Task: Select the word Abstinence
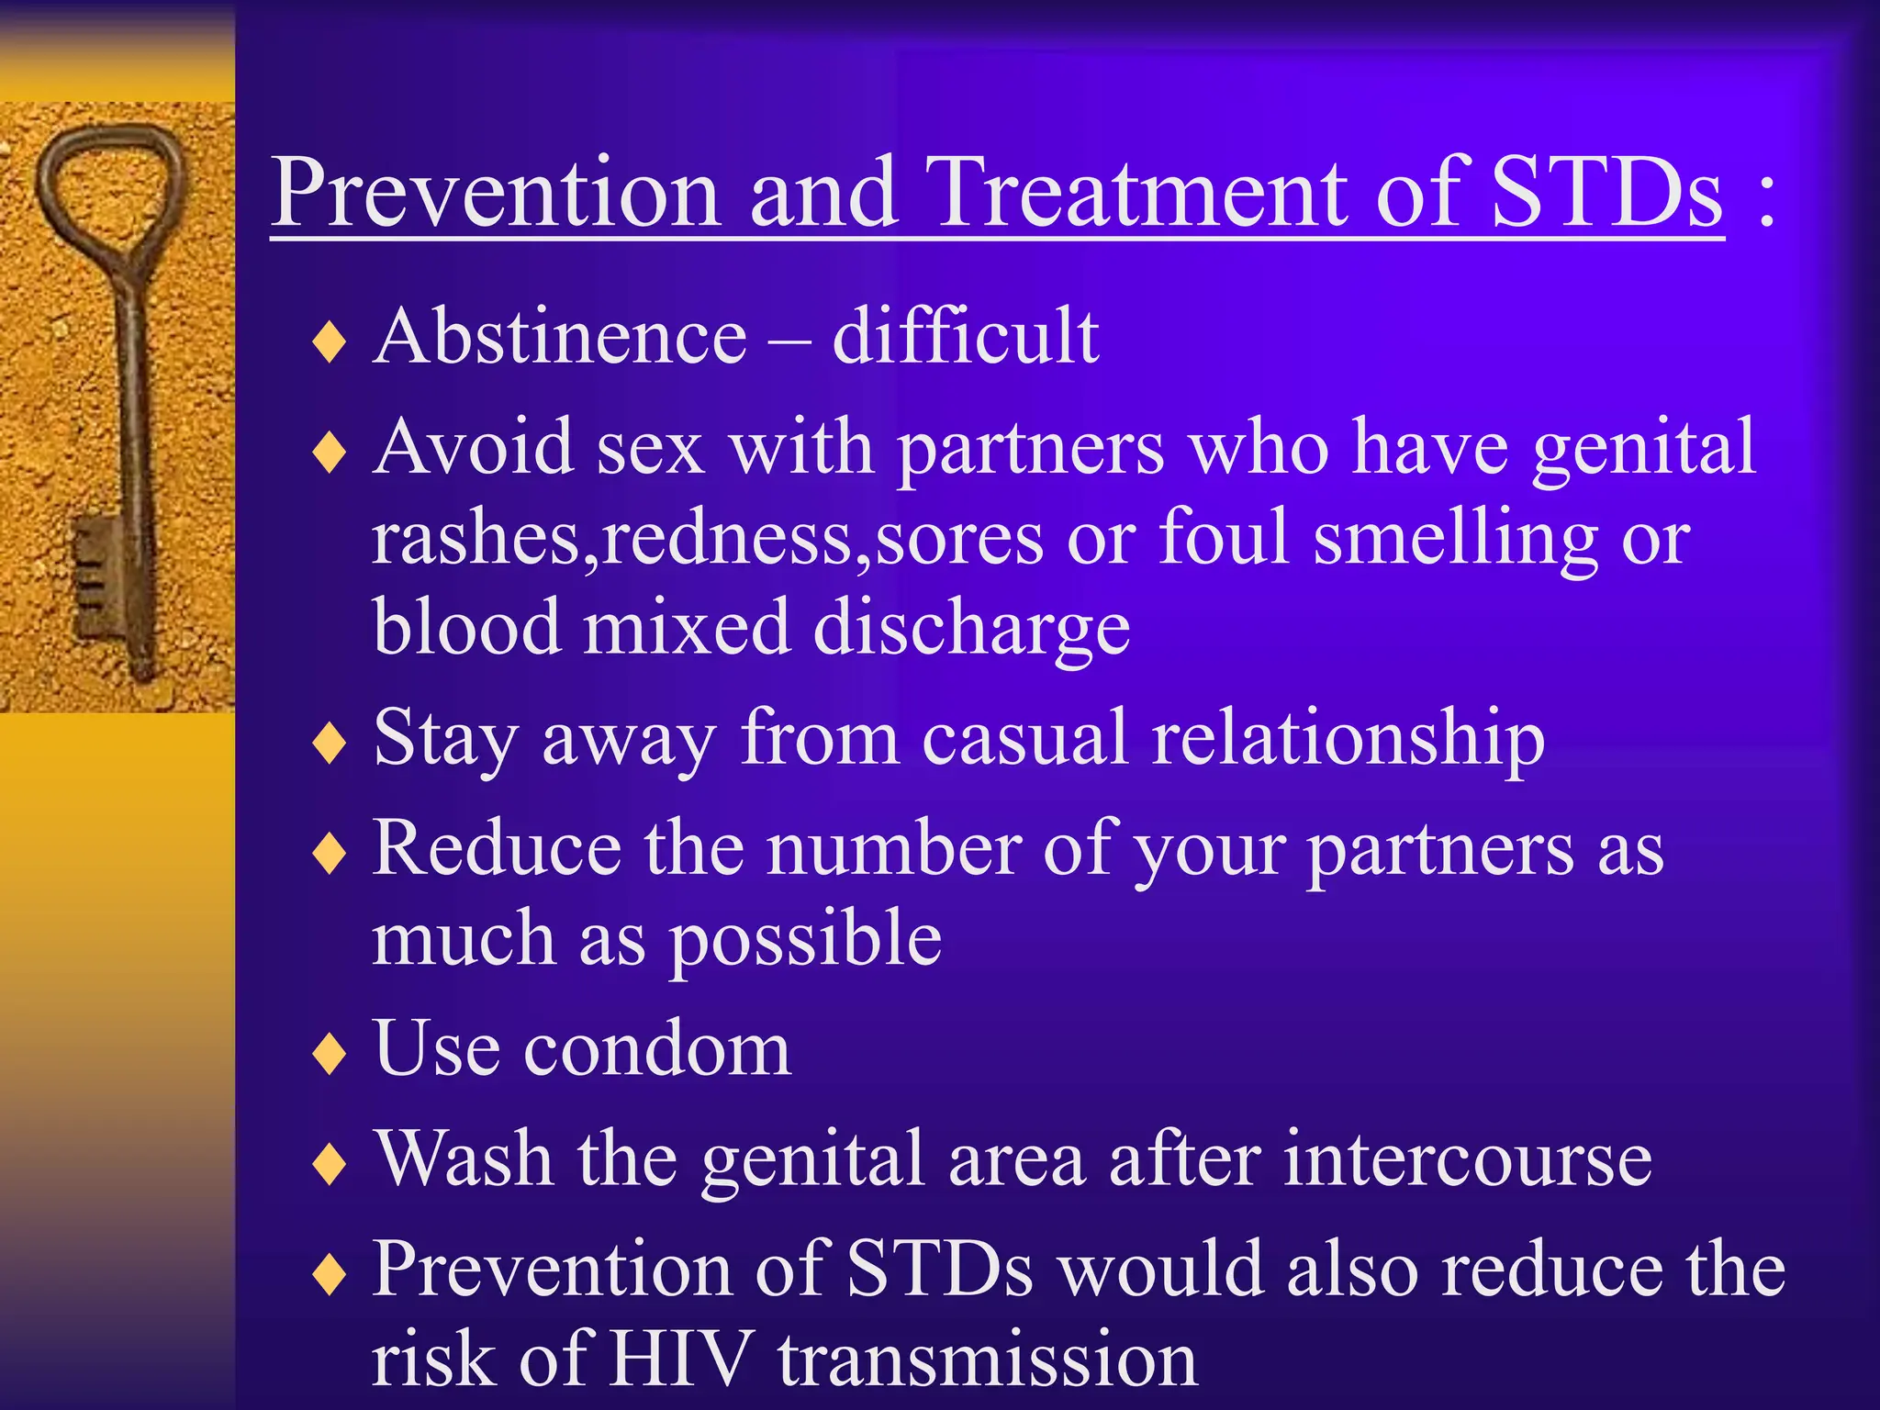click(x=560, y=337)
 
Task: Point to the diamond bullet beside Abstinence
click(x=329, y=342)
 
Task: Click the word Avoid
click(x=473, y=447)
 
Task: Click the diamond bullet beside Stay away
click(x=329, y=743)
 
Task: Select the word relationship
click(x=1348, y=740)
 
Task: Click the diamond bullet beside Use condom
click(x=329, y=1053)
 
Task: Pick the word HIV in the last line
click(x=681, y=1360)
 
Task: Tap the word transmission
click(x=988, y=1360)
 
